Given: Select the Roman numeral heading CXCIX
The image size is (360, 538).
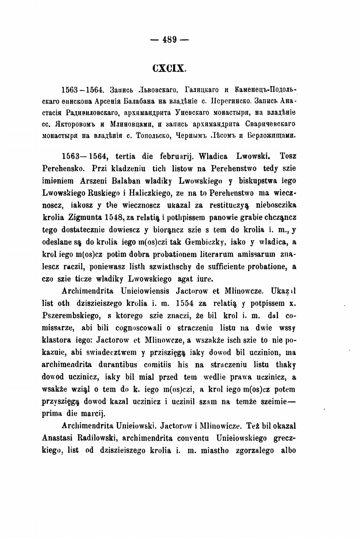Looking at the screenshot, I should click(170, 68).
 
